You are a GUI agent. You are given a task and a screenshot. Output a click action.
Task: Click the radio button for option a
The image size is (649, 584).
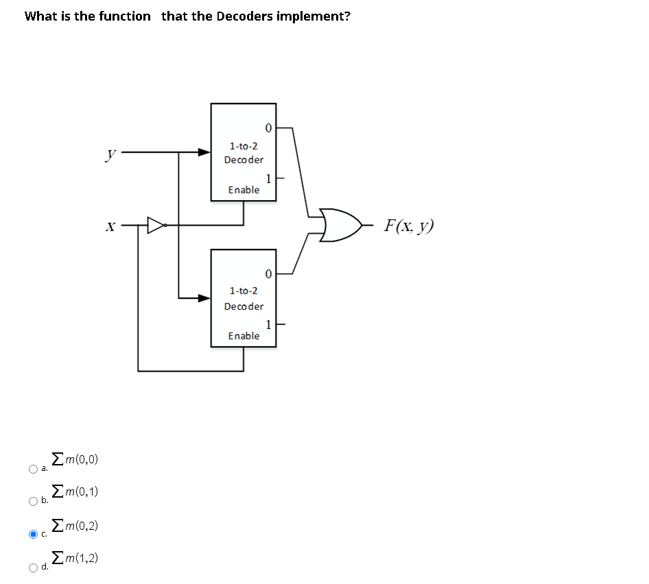click(x=32, y=469)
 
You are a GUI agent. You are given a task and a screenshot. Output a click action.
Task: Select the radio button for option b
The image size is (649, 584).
click(x=32, y=501)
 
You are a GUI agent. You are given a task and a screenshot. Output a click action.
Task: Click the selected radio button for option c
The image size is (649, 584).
click(x=32, y=534)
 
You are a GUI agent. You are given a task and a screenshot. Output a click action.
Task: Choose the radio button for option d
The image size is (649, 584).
click(x=32, y=567)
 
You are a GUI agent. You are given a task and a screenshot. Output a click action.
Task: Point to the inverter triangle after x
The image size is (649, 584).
click(x=156, y=224)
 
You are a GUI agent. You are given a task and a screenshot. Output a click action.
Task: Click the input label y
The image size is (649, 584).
click(x=110, y=156)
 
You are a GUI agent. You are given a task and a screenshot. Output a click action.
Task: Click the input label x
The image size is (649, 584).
click(x=110, y=226)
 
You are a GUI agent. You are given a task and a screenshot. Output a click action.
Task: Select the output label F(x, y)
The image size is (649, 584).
click(x=410, y=226)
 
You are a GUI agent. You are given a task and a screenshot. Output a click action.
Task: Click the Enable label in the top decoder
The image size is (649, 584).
click(x=244, y=190)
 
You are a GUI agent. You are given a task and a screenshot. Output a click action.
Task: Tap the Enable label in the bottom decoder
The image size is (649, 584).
click(x=244, y=336)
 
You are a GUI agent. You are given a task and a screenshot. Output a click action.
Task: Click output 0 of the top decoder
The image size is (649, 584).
click(x=268, y=127)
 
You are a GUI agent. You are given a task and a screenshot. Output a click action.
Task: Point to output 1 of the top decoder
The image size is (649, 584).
click(x=269, y=178)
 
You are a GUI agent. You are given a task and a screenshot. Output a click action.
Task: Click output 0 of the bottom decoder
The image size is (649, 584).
click(x=268, y=274)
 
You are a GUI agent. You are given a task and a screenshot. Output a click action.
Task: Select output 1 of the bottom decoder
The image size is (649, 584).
click(x=269, y=324)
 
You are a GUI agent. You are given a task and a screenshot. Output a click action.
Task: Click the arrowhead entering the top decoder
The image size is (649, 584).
click(x=204, y=152)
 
